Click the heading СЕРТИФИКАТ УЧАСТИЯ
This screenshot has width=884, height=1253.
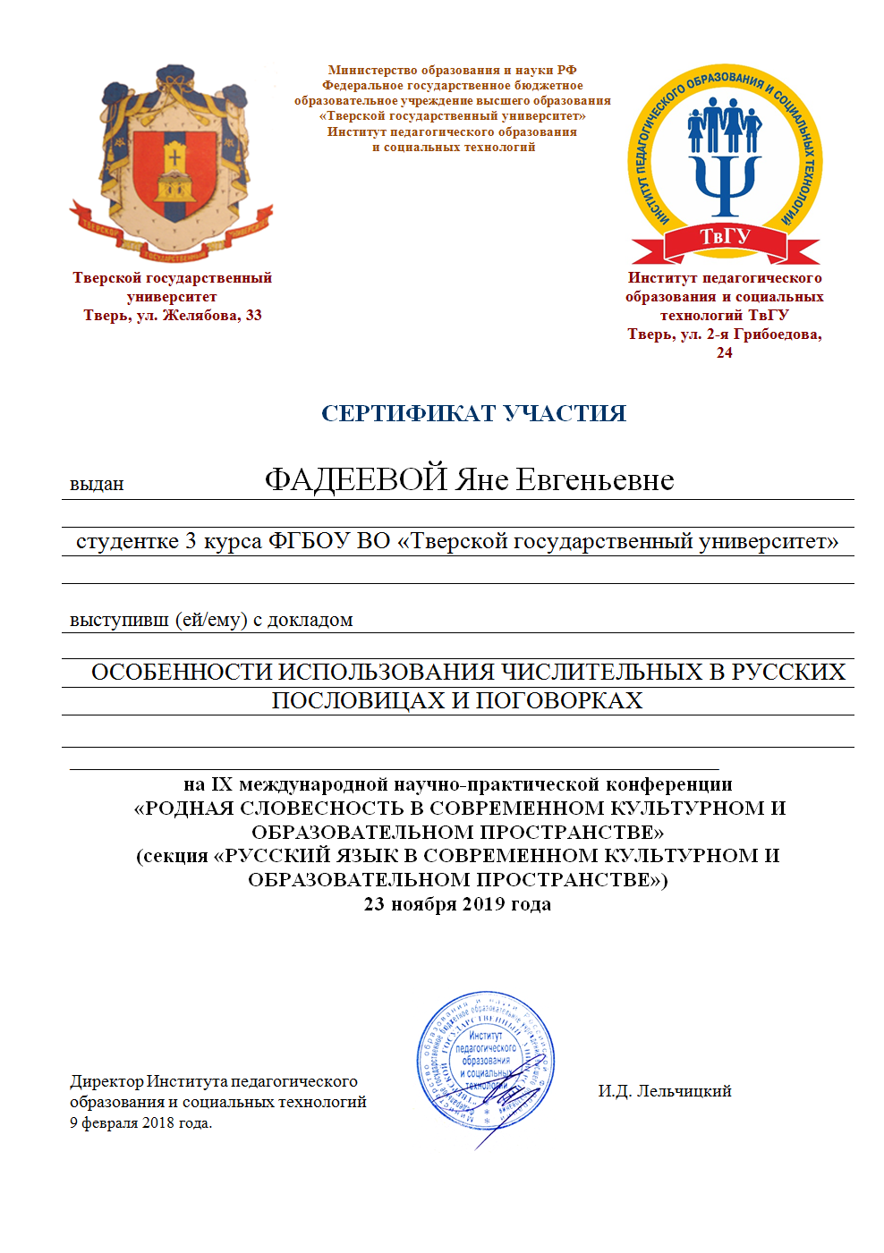[473, 413]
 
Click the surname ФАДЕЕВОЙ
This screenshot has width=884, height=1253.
[355, 480]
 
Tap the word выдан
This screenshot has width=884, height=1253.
[97, 485]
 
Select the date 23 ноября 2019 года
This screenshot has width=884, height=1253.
[457, 904]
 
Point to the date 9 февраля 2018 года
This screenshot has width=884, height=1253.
[141, 1123]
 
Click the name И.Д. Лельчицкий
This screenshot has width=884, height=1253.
[665, 1091]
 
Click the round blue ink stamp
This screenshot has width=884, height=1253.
[485, 1061]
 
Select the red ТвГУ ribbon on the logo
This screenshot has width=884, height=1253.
[725, 239]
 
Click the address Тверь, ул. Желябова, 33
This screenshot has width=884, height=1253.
[173, 316]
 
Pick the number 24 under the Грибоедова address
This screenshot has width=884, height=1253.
[725, 353]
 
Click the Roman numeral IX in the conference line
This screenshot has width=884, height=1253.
[222, 785]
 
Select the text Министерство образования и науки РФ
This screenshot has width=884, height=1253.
[453, 70]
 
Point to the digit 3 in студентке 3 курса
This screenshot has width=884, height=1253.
[191, 542]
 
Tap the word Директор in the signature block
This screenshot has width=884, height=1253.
[106, 1082]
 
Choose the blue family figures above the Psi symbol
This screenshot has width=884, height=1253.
[725, 124]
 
